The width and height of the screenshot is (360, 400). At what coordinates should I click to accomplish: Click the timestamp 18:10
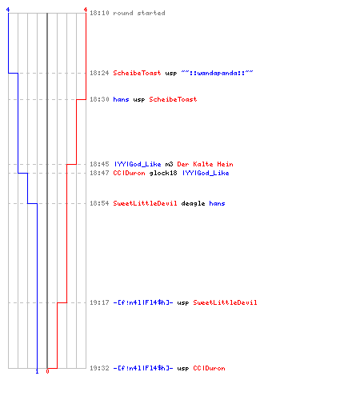99,13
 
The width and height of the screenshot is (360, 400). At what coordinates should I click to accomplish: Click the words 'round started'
139,13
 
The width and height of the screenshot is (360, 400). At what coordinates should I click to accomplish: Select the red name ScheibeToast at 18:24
137,73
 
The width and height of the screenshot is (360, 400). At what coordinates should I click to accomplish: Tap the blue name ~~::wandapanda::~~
217,73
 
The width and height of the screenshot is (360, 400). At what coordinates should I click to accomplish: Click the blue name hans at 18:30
121,99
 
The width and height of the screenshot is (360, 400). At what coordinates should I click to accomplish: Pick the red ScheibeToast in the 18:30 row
173,99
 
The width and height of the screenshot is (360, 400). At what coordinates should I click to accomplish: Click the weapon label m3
169,164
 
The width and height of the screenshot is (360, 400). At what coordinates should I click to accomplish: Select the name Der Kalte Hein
205,164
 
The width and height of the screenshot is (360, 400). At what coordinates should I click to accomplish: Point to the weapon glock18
163,173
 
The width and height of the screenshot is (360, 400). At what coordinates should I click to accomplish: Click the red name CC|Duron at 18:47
129,173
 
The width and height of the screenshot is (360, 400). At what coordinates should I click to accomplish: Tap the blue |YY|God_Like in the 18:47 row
206,173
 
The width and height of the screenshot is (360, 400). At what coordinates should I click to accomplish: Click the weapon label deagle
193,203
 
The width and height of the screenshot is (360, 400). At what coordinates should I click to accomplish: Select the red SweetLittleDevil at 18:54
145,203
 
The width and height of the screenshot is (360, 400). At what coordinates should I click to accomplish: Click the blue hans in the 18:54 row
217,203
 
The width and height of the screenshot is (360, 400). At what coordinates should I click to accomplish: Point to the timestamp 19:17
99,302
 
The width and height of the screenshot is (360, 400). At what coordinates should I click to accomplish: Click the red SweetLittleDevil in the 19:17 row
225,302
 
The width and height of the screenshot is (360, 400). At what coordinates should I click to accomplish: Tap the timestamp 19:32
99,368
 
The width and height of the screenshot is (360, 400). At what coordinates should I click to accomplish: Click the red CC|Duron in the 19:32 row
209,368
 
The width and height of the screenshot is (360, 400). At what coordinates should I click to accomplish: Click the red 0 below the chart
47,371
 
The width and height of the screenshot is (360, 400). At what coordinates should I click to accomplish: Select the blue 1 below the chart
37,371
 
